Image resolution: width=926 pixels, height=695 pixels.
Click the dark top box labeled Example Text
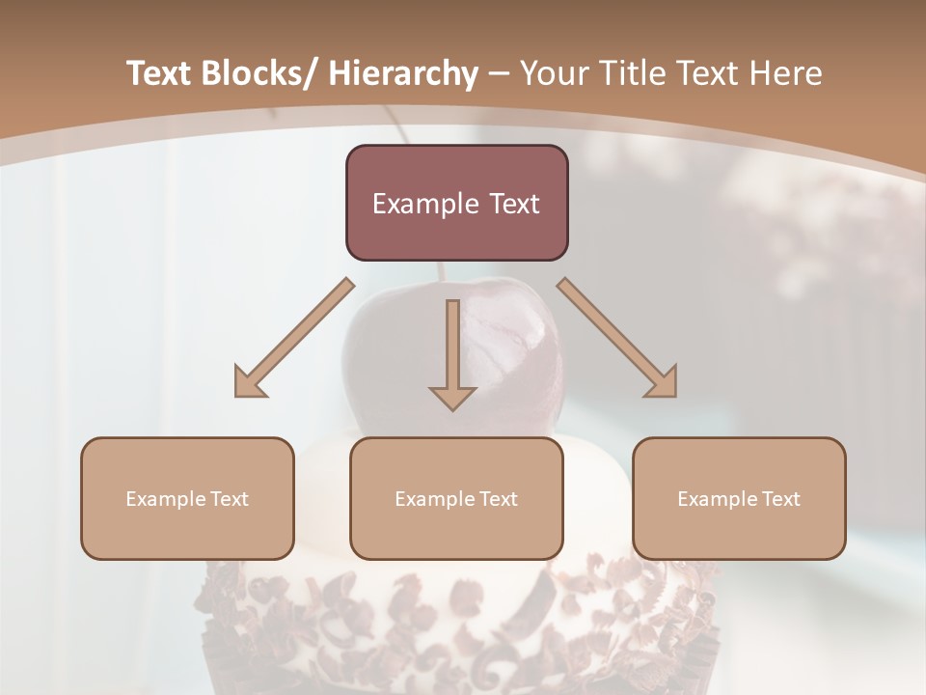tap(456, 203)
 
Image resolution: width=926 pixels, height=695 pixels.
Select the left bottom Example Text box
tap(187, 498)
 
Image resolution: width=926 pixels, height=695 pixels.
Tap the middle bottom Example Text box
tap(456, 498)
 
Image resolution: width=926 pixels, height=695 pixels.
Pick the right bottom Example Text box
tap(739, 498)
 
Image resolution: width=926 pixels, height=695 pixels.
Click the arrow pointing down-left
tap(293, 339)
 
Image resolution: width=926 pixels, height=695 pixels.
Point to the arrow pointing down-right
tap(617, 338)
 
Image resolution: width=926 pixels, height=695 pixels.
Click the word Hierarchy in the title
tap(403, 73)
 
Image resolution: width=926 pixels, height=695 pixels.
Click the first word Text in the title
tap(159, 73)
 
